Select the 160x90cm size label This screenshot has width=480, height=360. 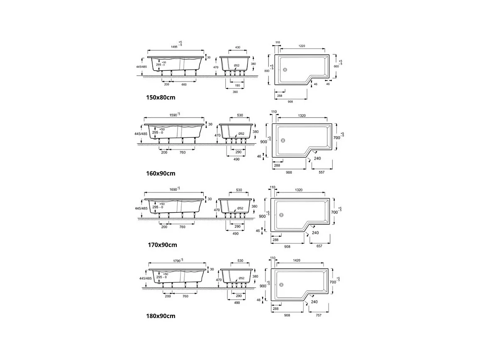point(161,173)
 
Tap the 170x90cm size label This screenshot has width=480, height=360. point(162,245)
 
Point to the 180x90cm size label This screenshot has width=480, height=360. point(161,316)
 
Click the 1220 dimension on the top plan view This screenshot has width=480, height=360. point(302,46)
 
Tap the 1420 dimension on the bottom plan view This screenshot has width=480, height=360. point(296,260)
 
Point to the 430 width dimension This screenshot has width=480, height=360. point(238,48)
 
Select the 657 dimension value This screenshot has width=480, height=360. point(320,246)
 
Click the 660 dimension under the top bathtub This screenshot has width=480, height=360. point(184,84)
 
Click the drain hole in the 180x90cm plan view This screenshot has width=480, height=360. point(281,285)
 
